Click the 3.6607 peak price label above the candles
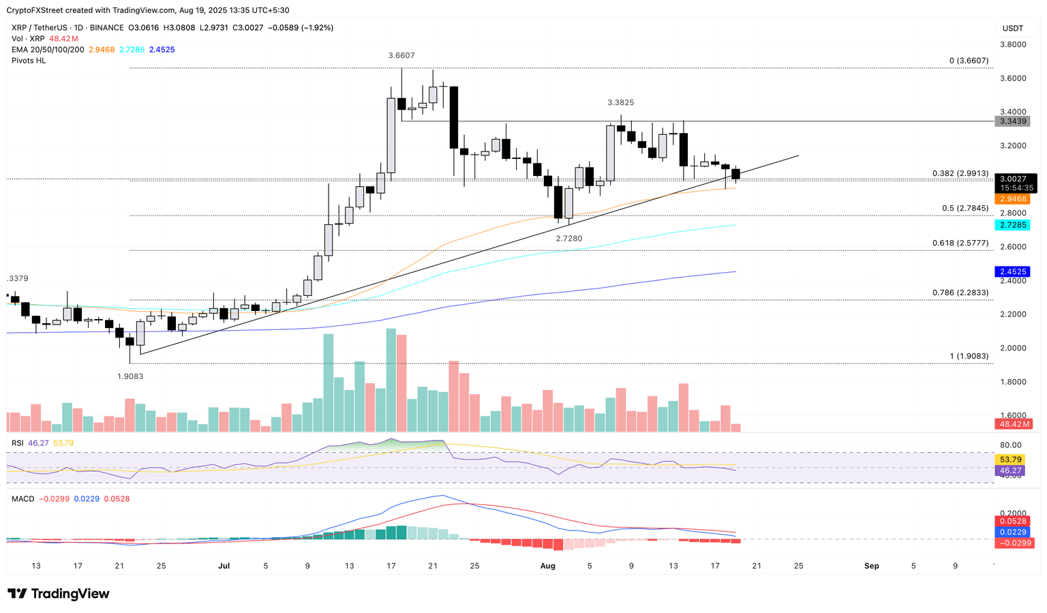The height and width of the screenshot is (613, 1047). [x=401, y=56]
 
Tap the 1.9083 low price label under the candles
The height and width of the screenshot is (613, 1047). [x=130, y=376]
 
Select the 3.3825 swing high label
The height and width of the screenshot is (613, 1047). [x=620, y=103]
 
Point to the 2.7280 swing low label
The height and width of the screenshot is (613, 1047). [x=568, y=239]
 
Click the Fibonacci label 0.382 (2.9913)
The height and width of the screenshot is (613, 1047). [x=960, y=174]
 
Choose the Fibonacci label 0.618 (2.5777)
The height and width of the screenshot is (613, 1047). [x=960, y=243]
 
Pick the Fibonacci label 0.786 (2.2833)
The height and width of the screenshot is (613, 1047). [x=960, y=293]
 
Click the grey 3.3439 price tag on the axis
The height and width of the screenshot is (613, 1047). [x=1012, y=121]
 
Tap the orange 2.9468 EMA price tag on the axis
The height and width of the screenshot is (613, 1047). [x=1012, y=199]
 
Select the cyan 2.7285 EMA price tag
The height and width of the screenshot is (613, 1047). [x=1012, y=225]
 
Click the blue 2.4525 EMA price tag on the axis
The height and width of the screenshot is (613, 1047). [x=1012, y=271]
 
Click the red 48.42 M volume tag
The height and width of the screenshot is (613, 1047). [x=1012, y=424]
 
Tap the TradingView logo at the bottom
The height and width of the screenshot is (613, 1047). [x=59, y=594]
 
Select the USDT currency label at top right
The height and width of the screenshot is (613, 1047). [x=1012, y=29]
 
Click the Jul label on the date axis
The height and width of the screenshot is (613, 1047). [x=224, y=566]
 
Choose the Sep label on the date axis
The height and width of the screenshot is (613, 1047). [x=871, y=566]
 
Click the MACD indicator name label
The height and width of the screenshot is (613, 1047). [x=22, y=499]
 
